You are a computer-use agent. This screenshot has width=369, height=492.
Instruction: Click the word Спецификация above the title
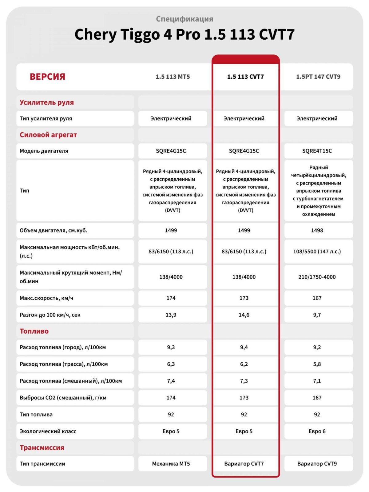pyautogui.click(x=184, y=19)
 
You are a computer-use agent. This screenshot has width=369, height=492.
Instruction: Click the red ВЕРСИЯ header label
pyautogui.click(x=47, y=77)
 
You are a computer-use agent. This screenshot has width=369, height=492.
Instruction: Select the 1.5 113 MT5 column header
pyautogui.click(x=173, y=77)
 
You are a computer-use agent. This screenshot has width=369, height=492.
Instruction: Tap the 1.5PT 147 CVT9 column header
pyautogui.click(x=318, y=77)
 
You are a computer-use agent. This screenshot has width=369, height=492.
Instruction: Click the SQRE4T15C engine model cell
pyautogui.click(x=317, y=151)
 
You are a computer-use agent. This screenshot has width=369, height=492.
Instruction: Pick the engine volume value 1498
pyautogui.click(x=317, y=230)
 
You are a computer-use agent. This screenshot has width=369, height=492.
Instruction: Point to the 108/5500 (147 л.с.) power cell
pyautogui.click(x=317, y=252)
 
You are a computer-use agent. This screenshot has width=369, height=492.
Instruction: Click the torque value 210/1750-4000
pyautogui.click(x=317, y=277)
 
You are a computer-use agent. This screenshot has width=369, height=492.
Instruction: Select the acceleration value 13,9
pyautogui.click(x=171, y=315)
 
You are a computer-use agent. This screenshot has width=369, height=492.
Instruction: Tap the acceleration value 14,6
pyautogui.click(x=244, y=315)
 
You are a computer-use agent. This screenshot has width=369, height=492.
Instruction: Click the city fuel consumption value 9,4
pyautogui.click(x=244, y=347)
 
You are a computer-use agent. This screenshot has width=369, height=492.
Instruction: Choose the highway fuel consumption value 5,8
pyautogui.click(x=317, y=364)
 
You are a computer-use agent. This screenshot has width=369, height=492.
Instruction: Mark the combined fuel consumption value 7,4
pyautogui.click(x=171, y=381)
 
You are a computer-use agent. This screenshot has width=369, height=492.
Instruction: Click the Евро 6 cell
pyautogui.click(x=317, y=431)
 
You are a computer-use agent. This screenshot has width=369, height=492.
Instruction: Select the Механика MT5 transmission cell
pyautogui.click(x=171, y=463)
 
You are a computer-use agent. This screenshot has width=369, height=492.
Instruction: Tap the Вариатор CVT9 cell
pyautogui.click(x=317, y=463)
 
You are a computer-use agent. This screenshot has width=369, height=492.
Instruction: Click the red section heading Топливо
pyautogui.click(x=34, y=331)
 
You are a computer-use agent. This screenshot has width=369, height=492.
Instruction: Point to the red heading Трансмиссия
pyautogui.click(x=42, y=447)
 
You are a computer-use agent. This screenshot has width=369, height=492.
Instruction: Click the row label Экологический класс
pyautogui.click(x=48, y=431)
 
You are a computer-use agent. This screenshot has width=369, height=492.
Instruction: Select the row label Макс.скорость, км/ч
pyautogui.click(x=46, y=298)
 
